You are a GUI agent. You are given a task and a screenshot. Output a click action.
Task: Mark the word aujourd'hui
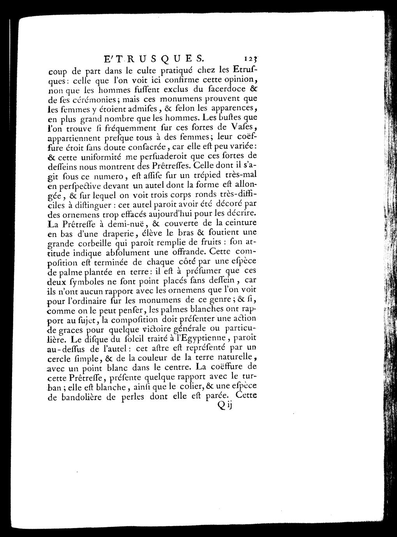coord(178,213)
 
